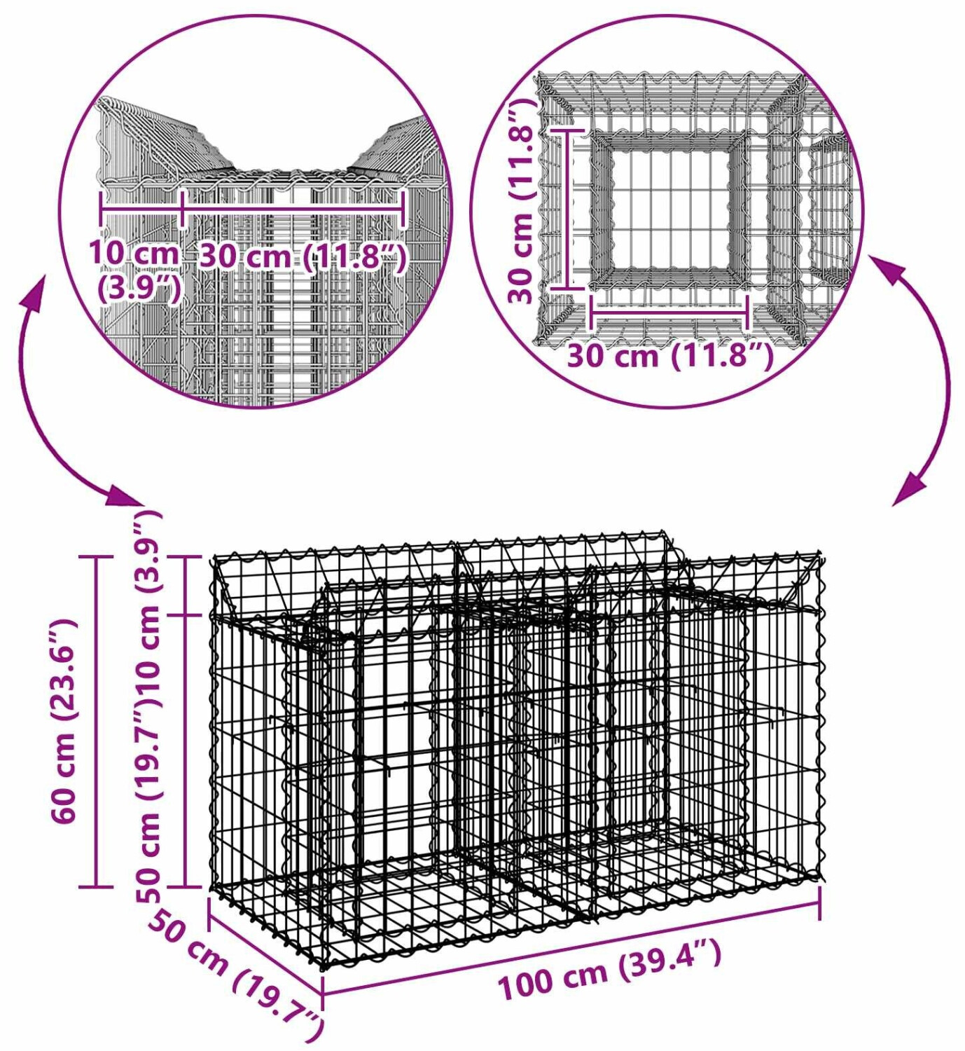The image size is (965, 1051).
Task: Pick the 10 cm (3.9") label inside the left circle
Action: pos(137,270)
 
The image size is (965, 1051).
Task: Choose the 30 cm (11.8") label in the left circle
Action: pos(303,256)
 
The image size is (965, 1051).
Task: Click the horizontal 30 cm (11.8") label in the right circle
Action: pos(671,356)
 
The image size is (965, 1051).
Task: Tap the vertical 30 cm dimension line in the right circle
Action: pos(567,209)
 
